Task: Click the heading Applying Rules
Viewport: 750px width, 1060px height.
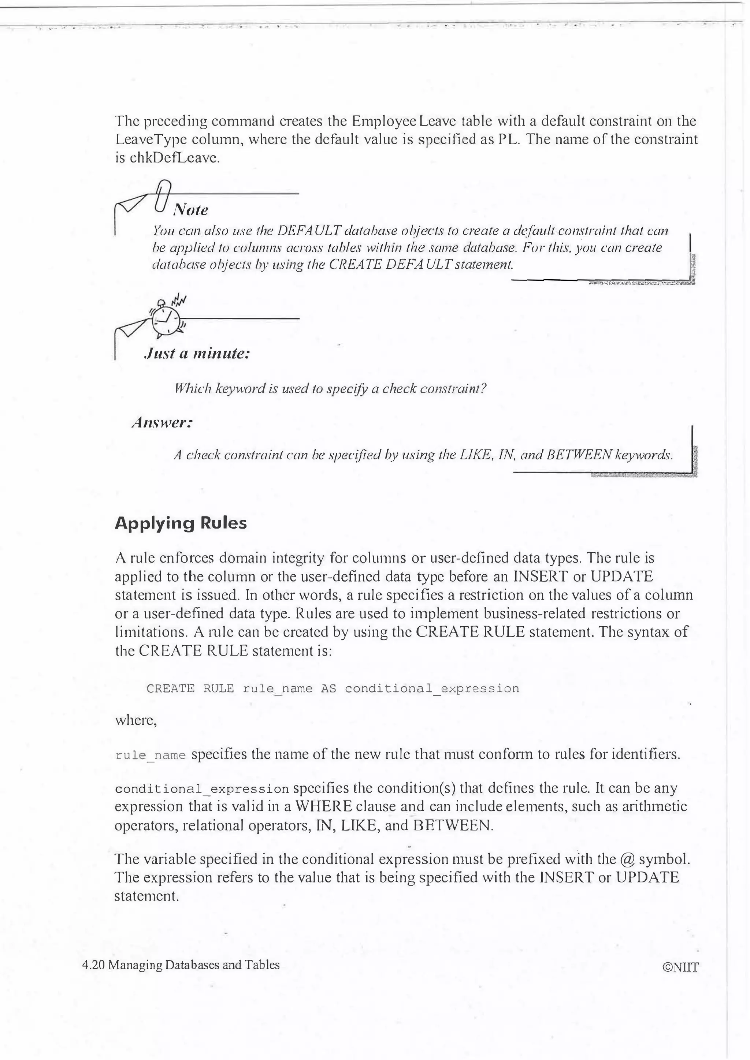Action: (x=181, y=523)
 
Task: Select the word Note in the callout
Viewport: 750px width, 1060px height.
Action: (x=190, y=210)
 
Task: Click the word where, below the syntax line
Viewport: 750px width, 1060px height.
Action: (x=136, y=721)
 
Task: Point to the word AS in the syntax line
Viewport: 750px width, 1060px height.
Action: (x=328, y=689)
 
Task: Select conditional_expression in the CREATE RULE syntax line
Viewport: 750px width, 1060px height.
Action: (x=432, y=689)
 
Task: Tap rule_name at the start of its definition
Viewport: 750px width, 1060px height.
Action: (x=150, y=756)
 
